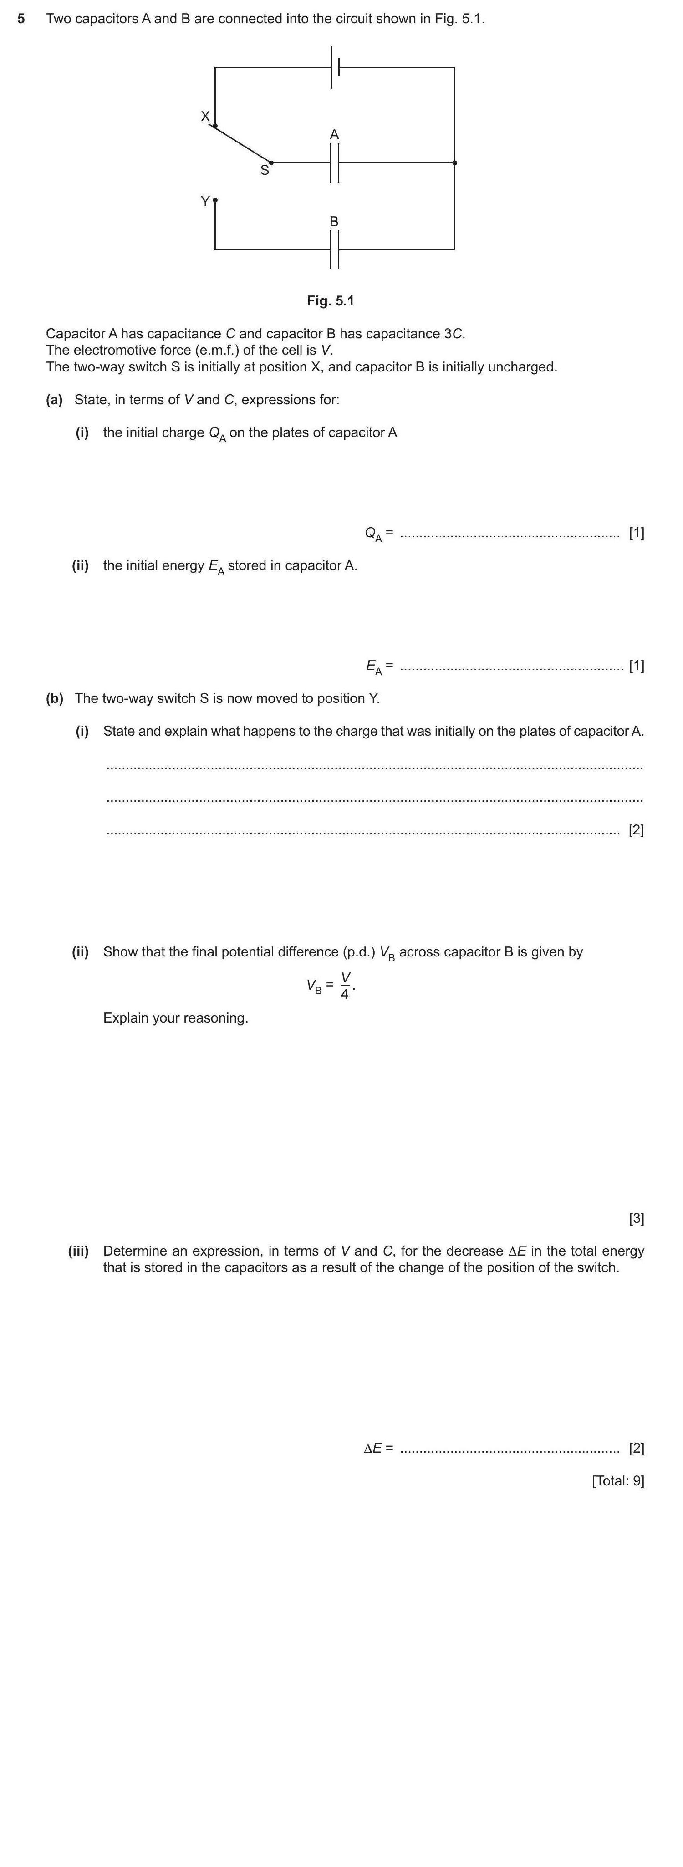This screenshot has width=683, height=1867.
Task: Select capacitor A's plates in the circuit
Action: click(x=334, y=163)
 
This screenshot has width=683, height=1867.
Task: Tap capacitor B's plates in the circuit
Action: click(x=334, y=250)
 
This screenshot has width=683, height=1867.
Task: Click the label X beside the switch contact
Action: click(x=205, y=116)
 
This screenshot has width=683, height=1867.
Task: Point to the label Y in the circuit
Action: click(x=205, y=202)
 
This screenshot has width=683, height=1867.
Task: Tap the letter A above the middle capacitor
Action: click(x=334, y=135)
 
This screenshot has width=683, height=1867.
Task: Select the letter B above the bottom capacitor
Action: click(x=334, y=222)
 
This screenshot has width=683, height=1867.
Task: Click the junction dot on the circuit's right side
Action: click(x=454, y=163)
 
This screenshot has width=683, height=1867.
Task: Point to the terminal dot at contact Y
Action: click(x=215, y=198)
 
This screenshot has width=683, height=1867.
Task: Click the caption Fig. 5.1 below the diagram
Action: click(x=331, y=301)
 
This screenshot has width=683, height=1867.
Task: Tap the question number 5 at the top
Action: click(x=21, y=19)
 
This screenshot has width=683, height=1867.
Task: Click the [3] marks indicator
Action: click(x=636, y=1218)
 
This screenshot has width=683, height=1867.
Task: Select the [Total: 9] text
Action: click(x=618, y=1480)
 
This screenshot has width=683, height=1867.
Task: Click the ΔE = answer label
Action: click(x=378, y=1448)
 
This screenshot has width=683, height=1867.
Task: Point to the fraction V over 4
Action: click(x=345, y=986)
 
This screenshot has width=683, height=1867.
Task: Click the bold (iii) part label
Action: click(x=78, y=1251)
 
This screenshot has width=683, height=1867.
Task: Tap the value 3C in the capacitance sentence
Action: click(x=453, y=334)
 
